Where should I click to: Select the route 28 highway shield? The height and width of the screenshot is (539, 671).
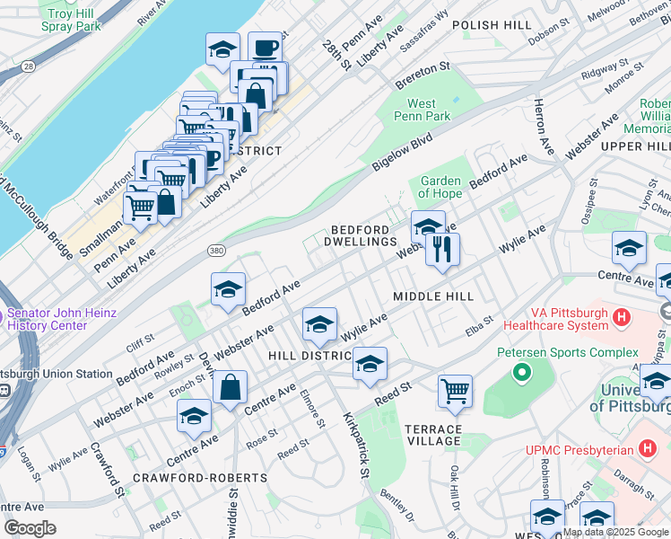click(x=30, y=66)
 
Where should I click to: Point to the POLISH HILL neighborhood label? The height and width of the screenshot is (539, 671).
click(x=492, y=25)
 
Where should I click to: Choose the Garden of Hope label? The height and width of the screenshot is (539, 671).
click(x=440, y=187)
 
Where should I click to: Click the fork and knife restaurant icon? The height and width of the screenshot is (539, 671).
click(x=442, y=249)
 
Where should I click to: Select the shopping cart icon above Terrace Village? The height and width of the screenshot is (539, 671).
click(x=455, y=392)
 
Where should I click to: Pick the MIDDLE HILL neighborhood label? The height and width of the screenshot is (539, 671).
click(x=433, y=296)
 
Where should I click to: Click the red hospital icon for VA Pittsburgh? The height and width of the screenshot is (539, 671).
click(x=622, y=317)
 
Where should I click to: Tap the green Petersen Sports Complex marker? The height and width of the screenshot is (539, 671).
click(x=518, y=370)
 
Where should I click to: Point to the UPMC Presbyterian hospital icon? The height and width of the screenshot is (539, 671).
click(x=649, y=447)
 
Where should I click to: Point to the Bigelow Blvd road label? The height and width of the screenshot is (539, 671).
click(x=402, y=153)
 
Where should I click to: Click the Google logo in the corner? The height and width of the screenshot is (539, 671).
click(x=30, y=527)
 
